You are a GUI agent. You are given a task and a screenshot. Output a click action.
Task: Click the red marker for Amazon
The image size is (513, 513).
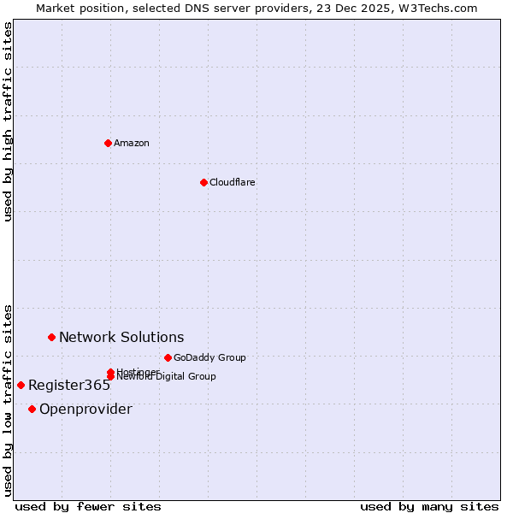[108, 143]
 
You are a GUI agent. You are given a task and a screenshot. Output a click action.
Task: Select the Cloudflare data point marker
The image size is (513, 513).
[203, 182]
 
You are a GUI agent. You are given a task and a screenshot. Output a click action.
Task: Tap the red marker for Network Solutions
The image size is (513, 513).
[51, 337]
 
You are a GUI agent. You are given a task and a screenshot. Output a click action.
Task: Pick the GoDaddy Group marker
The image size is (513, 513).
[168, 357]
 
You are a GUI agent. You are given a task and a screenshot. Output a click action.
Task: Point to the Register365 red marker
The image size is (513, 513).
[21, 385]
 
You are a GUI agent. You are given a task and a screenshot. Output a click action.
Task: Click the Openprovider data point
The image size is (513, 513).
[32, 409]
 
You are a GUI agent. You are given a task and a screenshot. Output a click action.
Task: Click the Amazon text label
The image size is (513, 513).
[132, 143]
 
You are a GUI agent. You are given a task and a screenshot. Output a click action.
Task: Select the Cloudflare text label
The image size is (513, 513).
[233, 182]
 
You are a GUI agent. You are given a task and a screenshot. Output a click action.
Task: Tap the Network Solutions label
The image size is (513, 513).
[121, 337]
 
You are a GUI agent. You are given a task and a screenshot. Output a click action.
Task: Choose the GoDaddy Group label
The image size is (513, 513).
[209, 357]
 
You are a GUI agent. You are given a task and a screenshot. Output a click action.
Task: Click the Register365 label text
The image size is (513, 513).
[69, 385]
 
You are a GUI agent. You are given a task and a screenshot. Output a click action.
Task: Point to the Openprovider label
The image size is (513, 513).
[85, 409]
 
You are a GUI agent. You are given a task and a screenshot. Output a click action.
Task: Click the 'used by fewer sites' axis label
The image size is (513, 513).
[88, 506]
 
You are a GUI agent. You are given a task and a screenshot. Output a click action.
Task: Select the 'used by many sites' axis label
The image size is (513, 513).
[429, 506]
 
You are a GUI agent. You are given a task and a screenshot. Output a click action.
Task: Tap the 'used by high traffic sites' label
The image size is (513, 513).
[9, 121]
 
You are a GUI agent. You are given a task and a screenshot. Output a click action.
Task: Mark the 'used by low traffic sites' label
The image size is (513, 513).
[9, 399]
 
